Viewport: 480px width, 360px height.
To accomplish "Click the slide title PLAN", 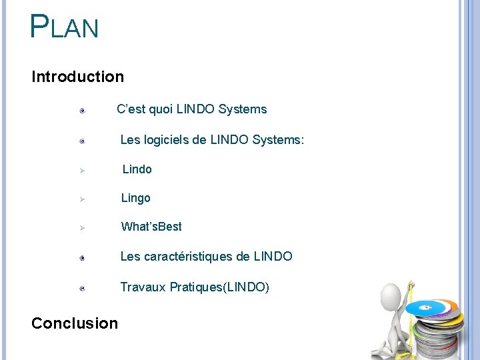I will [64, 27].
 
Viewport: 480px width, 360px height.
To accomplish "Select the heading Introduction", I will [77, 77].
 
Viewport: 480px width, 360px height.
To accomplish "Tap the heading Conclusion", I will [74, 323].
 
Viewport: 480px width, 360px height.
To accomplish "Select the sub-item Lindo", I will [137, 169].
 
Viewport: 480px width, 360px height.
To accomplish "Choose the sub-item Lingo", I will [135, 198].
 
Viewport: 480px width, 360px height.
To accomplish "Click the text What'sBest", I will [151, 227].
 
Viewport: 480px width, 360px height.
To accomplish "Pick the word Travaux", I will [143, 287].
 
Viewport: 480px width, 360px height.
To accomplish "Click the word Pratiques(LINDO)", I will [219, 287].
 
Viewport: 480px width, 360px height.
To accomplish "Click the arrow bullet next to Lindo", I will [81, 171].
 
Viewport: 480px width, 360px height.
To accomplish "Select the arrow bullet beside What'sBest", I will [81, 228].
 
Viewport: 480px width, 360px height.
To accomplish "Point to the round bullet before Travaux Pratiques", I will [81, 289].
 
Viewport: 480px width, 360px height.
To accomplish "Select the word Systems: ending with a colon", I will [278, 140].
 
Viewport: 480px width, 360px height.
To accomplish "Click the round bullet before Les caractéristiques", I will [81, 257].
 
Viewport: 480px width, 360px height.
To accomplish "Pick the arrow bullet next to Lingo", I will [81, 199].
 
